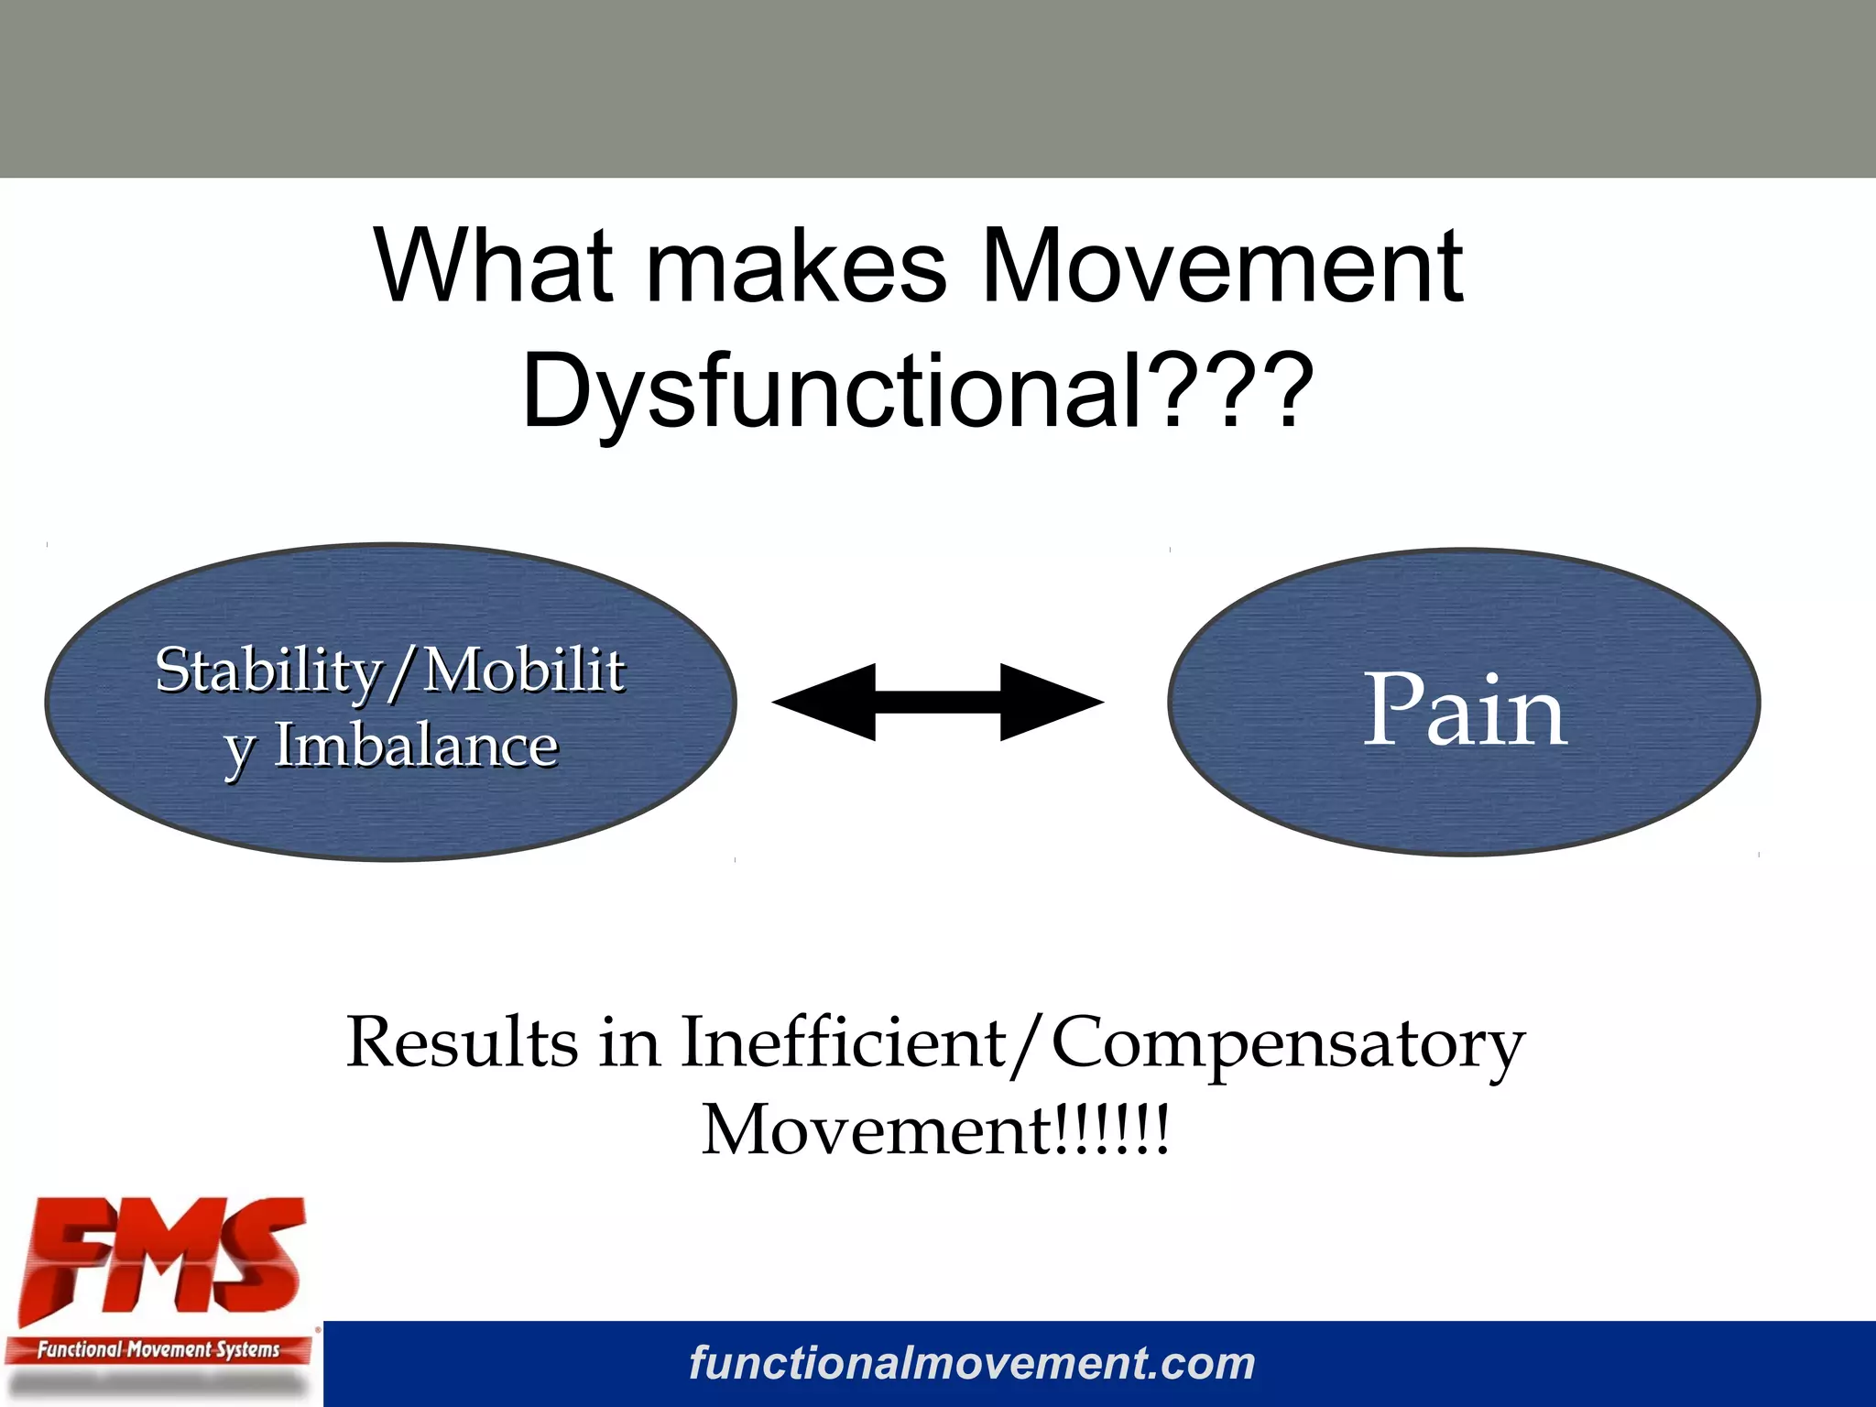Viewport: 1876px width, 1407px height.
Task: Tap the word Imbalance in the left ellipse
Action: [417, 746]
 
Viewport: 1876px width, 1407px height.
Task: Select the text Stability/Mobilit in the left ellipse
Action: [390, 671]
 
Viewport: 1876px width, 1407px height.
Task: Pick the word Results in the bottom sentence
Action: [462, 1043]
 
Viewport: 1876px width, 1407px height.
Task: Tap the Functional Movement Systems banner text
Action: [158, 1349]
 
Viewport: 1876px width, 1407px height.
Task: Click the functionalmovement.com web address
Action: [972, 1363]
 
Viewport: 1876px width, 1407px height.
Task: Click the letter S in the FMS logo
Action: [260, 1255]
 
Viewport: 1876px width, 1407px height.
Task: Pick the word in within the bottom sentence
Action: [628, 1043]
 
